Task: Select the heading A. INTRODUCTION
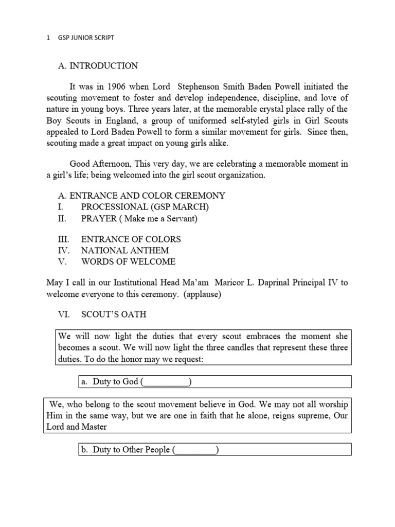coord(97,66)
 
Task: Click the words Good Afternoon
coord(99,164)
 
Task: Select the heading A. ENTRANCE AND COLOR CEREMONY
coord(140,196)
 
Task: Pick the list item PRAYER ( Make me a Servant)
coord(139,218)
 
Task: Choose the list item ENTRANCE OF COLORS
coord(131,239)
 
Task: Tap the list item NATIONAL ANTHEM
coord(125,251)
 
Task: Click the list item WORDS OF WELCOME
coord(128,261)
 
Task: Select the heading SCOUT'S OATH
coord(114,314)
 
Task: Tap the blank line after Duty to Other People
coord(195,450)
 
